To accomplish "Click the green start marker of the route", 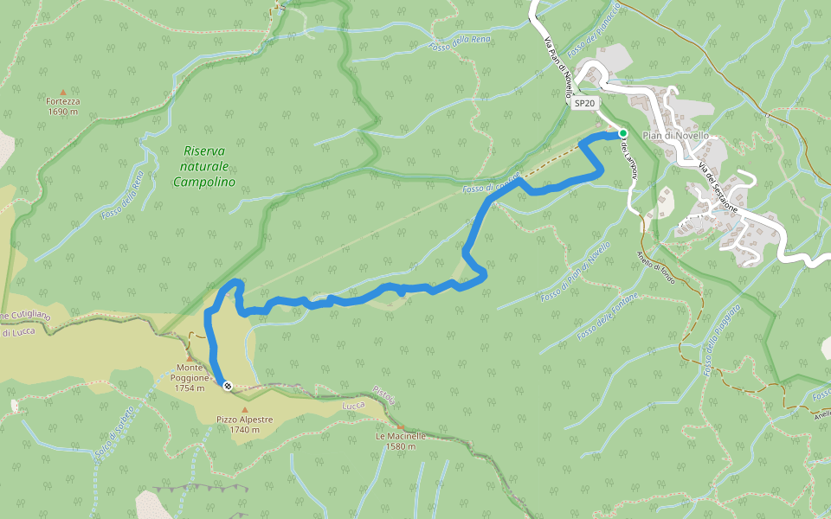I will click(622, 133).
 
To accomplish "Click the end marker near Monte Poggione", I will click(227, 386).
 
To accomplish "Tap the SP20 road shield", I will click(585, 104).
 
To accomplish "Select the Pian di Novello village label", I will click(676, 136).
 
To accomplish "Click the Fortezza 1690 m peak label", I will click(63, 106).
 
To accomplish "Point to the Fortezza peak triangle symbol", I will click(63, 91).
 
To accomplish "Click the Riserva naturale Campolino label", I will click(204, 166).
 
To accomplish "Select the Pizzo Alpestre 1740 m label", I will click(245, 425).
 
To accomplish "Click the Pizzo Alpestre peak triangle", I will click(245, 410).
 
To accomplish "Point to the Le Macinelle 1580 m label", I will click(401, 441).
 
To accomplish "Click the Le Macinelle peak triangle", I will click(401, 426).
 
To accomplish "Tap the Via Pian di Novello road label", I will click(559, 63).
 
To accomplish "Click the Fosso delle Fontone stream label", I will click(608, 316).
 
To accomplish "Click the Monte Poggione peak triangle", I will click(190, 356).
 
